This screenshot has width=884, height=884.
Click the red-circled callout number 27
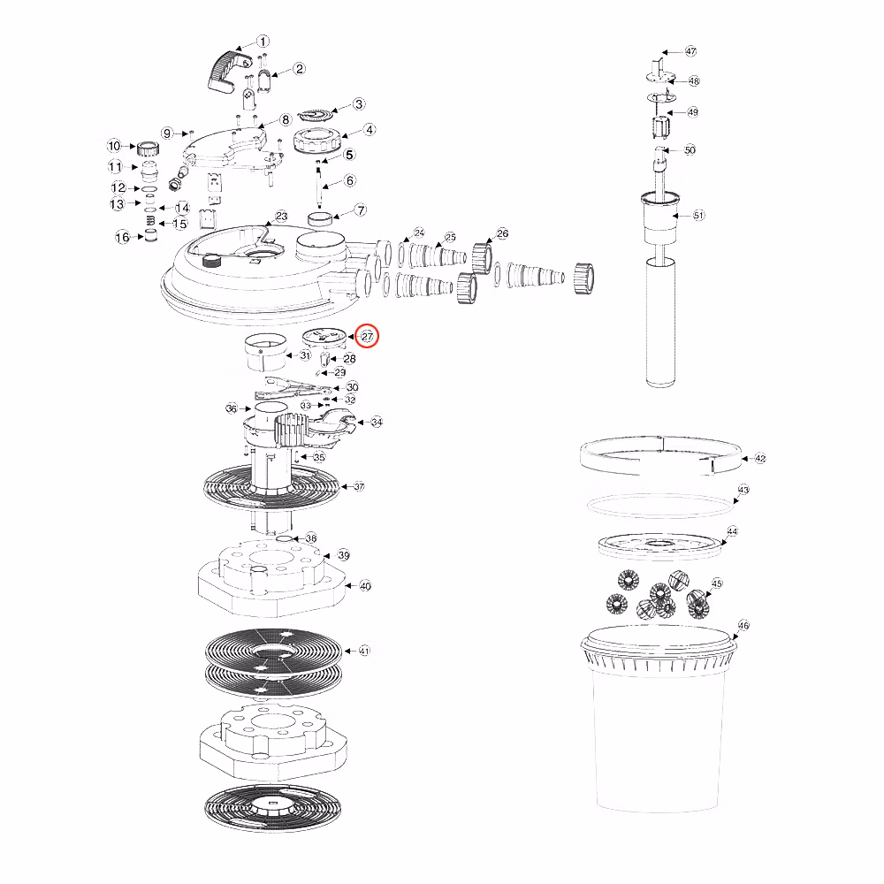[367, 337]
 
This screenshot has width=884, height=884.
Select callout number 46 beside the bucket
[743, 625]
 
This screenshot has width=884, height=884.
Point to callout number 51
[698, 215]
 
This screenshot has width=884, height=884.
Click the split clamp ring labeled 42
[660, 454]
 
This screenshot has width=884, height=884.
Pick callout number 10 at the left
[114, 146]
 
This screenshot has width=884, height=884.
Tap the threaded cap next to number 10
[148, 149]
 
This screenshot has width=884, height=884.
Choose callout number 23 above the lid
[281, 217]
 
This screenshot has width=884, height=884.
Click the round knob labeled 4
[318, 140]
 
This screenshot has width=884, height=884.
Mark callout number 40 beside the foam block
[365, 586]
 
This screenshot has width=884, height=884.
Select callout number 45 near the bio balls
[717, 583]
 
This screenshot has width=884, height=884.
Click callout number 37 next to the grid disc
[359, 486]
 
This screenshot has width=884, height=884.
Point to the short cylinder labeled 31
[265, 353]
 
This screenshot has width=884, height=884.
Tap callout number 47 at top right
[690, 51]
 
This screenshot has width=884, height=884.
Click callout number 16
[122, 237]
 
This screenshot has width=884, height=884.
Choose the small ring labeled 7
[320, 218]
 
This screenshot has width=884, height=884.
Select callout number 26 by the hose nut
[502, 232]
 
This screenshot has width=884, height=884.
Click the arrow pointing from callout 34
[363, 422]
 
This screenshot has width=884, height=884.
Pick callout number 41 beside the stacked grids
[365, 651]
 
